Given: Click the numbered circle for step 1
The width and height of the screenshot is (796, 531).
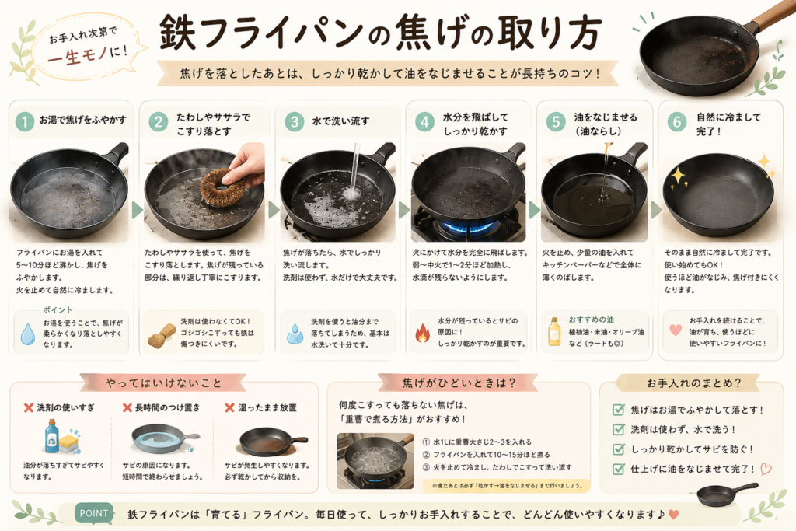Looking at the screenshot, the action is click(24, 122).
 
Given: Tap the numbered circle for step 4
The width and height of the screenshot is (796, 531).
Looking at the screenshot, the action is click(425, 122).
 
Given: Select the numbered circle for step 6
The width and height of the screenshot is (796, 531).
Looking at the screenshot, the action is click(677, 122).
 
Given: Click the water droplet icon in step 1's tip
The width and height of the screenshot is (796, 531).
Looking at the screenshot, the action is click(28, 334).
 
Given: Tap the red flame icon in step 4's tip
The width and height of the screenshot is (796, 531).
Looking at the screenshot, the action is click(422, 333).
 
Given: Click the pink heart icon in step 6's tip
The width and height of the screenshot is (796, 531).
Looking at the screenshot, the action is click(676, 330).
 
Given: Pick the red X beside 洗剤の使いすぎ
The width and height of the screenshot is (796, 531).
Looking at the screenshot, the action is click(29, 407).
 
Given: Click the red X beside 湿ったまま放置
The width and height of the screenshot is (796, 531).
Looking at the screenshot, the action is click(229, 407).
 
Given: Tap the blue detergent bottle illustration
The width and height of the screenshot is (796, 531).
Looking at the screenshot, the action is click(52, 436).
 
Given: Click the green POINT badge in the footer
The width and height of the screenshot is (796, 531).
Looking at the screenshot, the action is click(94, 513).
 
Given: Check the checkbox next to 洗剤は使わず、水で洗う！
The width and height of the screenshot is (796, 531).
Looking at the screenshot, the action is click(618, 429).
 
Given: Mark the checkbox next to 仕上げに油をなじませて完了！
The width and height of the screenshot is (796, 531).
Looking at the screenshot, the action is click(618, 469).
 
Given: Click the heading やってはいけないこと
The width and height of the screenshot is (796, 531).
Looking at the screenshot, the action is click(163, 383).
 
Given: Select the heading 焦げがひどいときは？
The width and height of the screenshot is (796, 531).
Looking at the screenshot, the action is click(459, 383).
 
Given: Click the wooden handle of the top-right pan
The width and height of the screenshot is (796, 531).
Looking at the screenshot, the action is click(772, 14).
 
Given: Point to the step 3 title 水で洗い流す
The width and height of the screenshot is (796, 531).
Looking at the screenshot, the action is click(340, 121).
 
